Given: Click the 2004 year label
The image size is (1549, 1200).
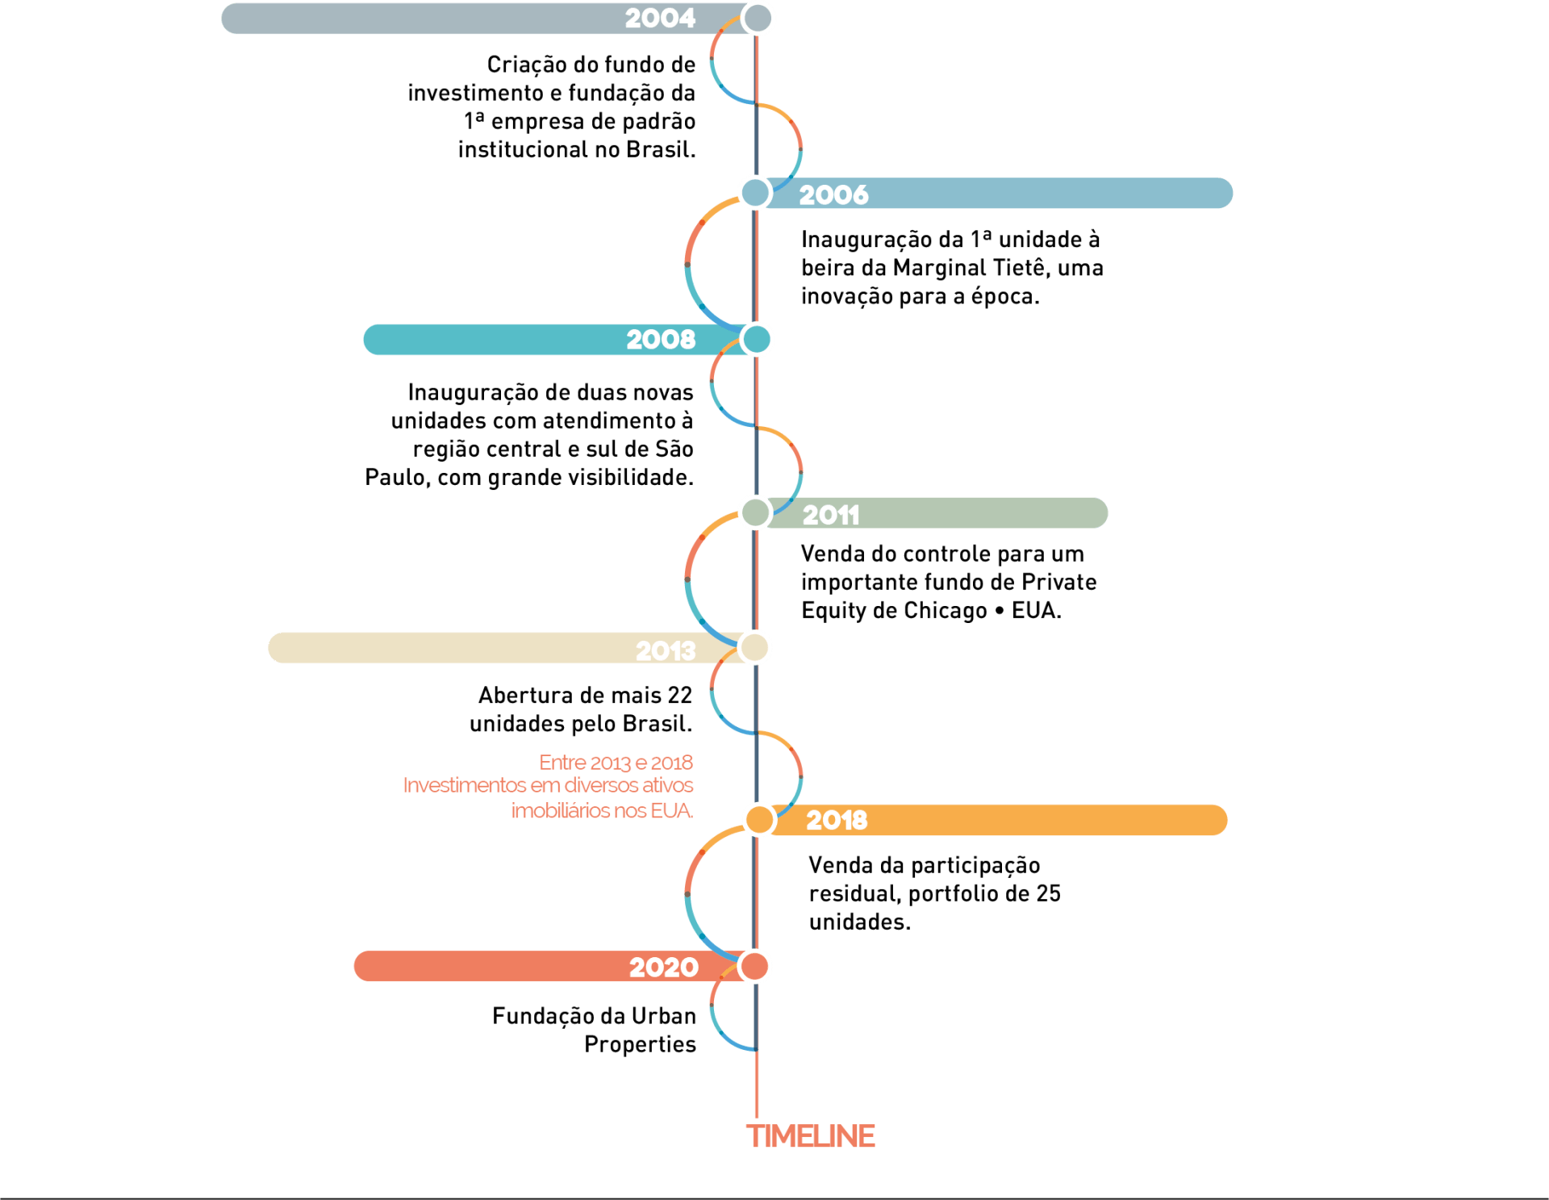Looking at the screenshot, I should [x=660, y=19].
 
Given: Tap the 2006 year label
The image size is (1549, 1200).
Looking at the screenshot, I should [x=833, y=194].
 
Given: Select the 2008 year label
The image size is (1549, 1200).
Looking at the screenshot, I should [x=661, y=340].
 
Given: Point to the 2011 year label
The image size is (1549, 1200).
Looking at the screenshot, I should [x=831, y=515].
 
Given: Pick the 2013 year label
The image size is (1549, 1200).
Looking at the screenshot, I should [x=666, y=650].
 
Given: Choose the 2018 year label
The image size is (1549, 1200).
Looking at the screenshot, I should [x=837, y=821].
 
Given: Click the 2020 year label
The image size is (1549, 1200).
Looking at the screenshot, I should [x=664, y=967].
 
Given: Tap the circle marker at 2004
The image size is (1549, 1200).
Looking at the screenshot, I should [x=758, y=18].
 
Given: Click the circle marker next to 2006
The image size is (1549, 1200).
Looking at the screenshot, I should [x=756, y=193].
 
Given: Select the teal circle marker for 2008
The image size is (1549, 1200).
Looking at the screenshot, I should [x=757, y=340].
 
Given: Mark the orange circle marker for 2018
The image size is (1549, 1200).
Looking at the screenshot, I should [x=759, y=820].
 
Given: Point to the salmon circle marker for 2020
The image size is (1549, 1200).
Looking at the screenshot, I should [x=755, y=966].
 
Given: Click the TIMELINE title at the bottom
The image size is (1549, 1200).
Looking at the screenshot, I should [x=811, y=1136].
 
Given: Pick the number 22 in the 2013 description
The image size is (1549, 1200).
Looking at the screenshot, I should [x=679, y=696].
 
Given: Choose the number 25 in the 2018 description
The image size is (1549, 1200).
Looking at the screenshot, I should [x=1048, y=893].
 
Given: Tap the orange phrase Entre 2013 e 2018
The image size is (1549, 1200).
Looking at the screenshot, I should [x=616, y=763].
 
